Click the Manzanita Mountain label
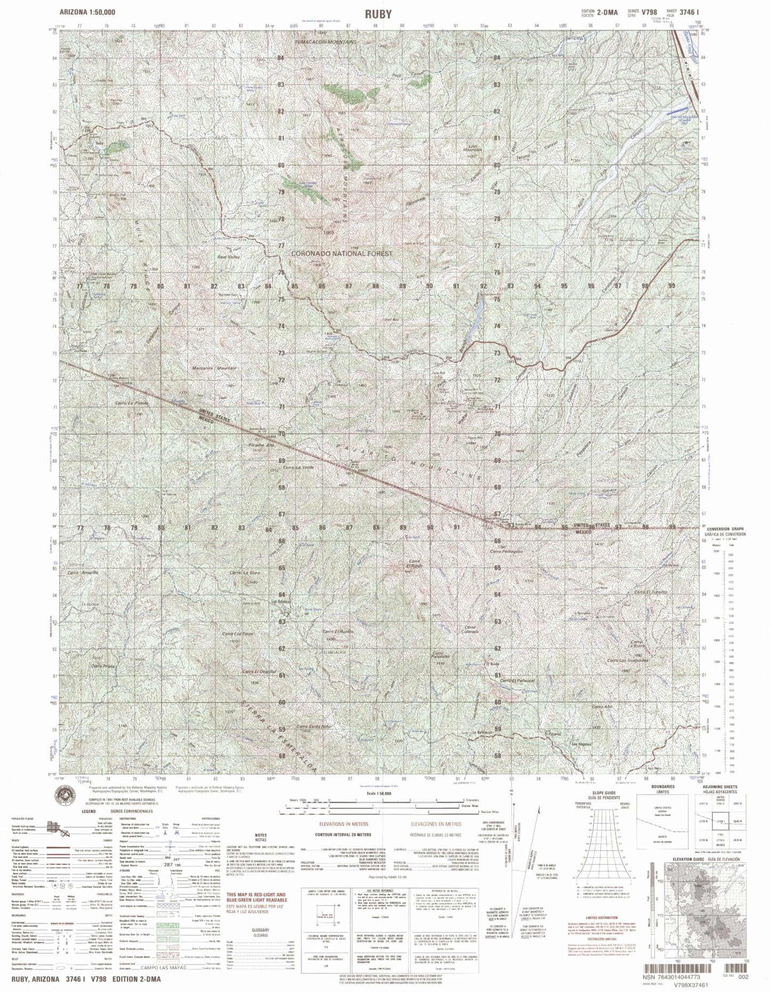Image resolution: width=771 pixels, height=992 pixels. tap(214, 368)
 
